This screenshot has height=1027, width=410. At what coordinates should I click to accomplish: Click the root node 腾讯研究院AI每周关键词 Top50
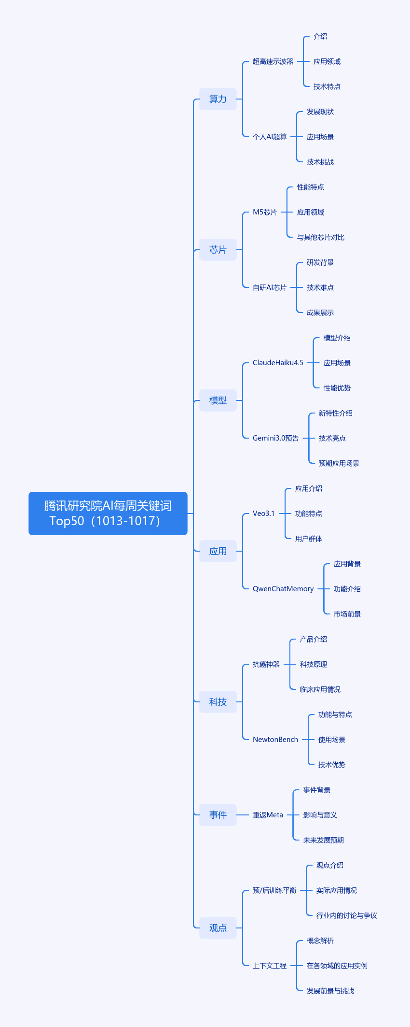click(x=108, y=513)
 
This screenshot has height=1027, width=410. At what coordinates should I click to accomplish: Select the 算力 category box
click(x=218, y=99)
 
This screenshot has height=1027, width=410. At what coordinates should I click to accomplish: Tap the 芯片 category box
click(x=218, y=250)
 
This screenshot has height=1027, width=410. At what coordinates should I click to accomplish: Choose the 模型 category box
click(x=218, y=400)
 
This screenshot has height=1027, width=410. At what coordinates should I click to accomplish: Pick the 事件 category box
click(x=218, y=815)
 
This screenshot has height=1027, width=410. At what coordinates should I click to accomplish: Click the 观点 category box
click(x=218, y=928)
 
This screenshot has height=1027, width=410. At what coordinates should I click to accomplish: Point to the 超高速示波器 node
click(x=273, y=61)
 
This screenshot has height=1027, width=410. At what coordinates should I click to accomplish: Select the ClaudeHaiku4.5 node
click(x=278, y=363)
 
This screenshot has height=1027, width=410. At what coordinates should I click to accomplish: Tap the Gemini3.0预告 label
click(x=275, y=438)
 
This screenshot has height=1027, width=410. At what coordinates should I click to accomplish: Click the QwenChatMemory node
click(x=283, y=589)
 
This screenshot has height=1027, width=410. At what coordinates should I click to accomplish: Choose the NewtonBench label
click(x=275, y=740)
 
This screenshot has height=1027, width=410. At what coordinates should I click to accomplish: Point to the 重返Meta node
click(x=268, y=815)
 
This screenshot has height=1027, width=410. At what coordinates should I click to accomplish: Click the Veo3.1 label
click(x=263, y=513)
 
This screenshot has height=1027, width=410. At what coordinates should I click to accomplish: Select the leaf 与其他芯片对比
click(x=320, y=237)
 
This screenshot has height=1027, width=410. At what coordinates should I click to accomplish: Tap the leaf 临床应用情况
click(x=320, y=689)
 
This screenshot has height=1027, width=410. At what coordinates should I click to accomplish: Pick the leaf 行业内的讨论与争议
click(x=346, y=915)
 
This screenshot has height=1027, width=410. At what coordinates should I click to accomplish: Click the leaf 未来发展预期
click(x=323, y=840)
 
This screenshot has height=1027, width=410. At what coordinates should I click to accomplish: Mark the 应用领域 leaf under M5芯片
click(x=310, y=212)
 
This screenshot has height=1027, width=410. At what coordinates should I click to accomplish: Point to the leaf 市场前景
click(x=347, y=614)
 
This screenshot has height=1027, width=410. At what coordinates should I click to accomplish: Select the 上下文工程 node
click(x=269, y=966)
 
